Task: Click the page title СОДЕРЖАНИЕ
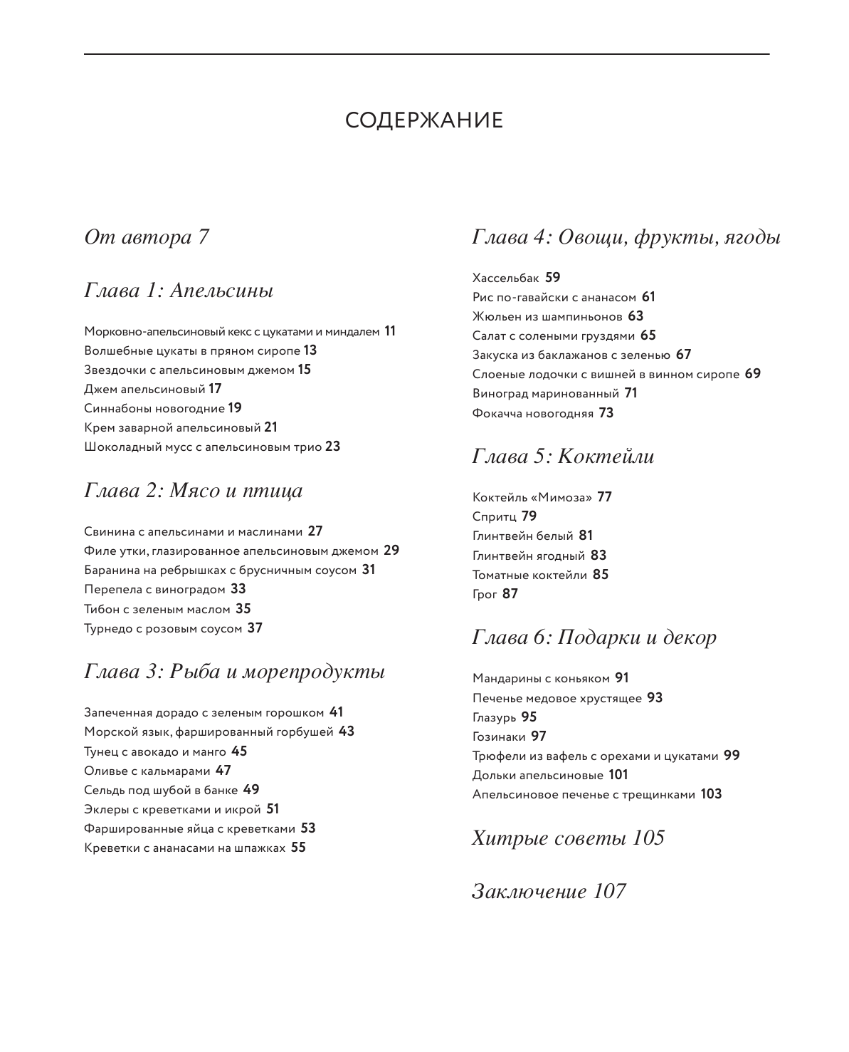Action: [x=424, y=120]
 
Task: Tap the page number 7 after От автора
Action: [x=203, y=237]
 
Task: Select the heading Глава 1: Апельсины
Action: [x=179, y=291]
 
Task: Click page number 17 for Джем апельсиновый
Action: [x=215, y=389]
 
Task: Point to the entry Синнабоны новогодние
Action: [x=154, y=408]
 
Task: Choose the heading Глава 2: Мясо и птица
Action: [x=194, y=491]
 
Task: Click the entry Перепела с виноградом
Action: [x=154, y=590]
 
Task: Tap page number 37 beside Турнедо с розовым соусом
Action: [x=255, y=628]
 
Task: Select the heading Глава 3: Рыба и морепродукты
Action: [x=235, y=672]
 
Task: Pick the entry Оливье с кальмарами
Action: [x=147, y=771]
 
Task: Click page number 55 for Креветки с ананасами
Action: [x=298, y=848]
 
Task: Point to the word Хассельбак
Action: [x=506, y=278]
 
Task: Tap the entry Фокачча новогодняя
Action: [x=532, y=413]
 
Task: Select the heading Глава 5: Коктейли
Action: [x=563, y=457]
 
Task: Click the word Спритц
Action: [x=494, y=516]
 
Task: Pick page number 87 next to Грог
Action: [x=510, y=594]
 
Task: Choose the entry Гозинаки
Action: [x=499, y=736]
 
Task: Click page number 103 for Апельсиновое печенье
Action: [x=711, y=794]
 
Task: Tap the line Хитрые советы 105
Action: [x=568, y=838]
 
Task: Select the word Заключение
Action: [x=529, y=892]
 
